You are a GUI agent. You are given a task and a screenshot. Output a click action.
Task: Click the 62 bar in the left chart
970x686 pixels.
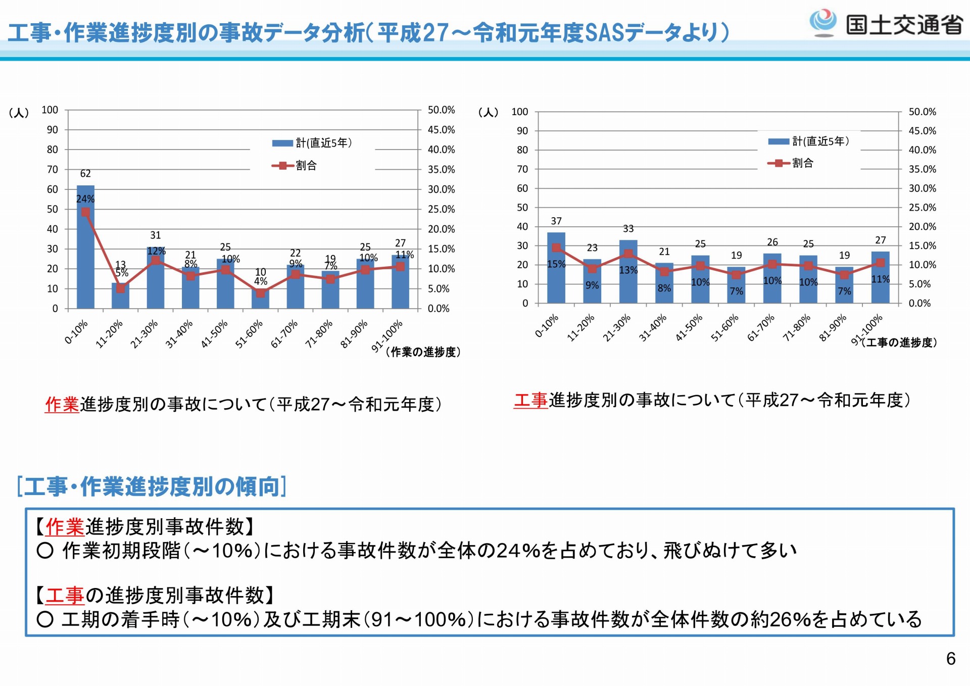[x=85, y=248]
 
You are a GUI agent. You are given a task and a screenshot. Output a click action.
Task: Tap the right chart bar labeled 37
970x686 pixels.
[x=556, y=268]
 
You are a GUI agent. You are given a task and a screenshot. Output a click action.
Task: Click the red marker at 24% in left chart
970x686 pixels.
[x=85, y=212]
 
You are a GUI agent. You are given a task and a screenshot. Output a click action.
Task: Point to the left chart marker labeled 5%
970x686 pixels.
[x=120, y=288]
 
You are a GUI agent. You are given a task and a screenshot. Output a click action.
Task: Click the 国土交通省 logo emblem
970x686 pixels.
[x=823, y=22]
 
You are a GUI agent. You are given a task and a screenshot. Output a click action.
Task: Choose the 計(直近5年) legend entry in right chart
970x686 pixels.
[x=808, y=141]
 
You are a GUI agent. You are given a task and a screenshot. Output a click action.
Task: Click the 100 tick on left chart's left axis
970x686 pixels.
[x=50, y=110]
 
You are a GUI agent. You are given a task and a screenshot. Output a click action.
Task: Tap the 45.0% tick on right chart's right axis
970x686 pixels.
[x=922, y=131]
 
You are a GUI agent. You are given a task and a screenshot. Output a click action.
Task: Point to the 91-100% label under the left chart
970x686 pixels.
[x=387, y=335]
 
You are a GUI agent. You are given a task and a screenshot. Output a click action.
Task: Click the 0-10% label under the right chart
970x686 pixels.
[x=546, y=326]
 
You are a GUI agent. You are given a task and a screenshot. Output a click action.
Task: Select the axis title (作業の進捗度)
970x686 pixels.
[x=423, y=352]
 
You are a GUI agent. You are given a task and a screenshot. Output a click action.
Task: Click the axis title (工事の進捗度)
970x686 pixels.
[x=899, y=342]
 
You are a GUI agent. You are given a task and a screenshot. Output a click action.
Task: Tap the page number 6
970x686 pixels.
[x=950, y=659]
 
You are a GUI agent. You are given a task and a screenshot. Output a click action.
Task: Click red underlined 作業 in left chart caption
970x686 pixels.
[x=62, y=404]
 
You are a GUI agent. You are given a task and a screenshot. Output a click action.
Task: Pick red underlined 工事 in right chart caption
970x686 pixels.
[x=530, y=400]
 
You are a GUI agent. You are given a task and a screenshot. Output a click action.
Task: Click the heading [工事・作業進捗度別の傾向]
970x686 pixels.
[x=152, y=486]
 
